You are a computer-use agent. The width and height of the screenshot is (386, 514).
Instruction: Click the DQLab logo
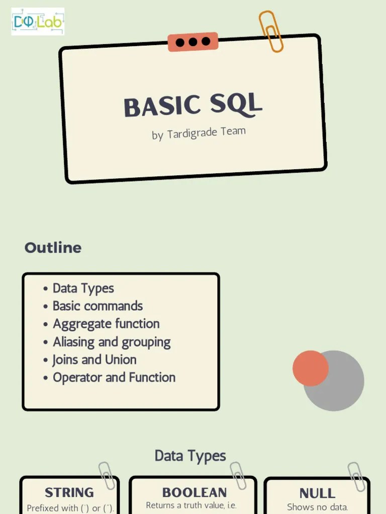38,21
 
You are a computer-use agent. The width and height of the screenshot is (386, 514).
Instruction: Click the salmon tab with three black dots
193,42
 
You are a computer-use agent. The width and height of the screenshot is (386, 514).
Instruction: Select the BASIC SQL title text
193,105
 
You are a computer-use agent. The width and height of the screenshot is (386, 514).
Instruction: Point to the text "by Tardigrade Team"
199,134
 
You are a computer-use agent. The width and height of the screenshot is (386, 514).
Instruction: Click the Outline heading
53,247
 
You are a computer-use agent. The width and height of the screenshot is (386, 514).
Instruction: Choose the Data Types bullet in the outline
83,288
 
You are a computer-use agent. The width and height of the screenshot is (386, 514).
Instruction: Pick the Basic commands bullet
98,306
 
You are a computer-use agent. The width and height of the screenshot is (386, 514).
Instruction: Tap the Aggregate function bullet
106,324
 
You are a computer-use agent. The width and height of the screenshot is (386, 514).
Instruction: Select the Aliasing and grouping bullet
112,342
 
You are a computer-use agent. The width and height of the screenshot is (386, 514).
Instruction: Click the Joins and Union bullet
94,359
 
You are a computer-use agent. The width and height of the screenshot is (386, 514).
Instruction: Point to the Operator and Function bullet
114,377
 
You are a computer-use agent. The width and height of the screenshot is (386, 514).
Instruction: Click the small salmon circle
310,368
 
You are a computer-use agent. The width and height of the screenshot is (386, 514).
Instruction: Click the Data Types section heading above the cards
190,456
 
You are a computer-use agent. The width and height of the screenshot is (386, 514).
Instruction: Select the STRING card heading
69,492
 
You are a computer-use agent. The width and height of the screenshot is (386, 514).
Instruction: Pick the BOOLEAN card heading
194,492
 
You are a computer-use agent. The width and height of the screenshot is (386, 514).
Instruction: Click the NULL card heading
317,493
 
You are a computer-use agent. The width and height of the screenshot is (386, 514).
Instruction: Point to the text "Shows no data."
317,507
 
